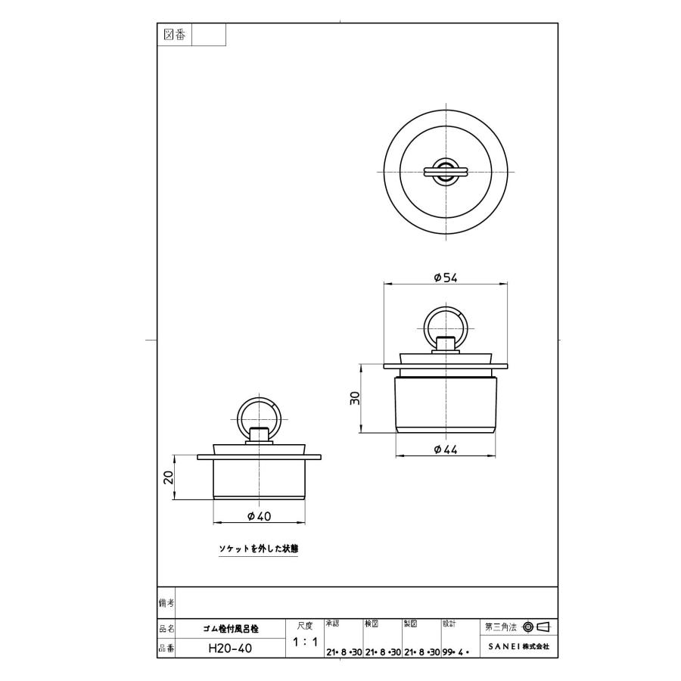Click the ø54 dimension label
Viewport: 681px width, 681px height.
coord(445,278)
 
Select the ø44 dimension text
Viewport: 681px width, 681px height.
coord(446,449)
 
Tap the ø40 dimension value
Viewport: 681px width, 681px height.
coord(259,516)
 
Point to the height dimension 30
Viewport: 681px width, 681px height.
coord(355,399)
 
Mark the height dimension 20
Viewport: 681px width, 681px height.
coord(169,477)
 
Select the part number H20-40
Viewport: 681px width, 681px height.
coord(230,648)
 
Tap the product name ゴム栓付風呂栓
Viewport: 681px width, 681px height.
coord(231,628)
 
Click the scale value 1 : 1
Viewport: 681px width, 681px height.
coord(304,642)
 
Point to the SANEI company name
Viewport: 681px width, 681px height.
coord(518,648)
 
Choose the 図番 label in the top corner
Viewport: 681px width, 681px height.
coord(175,35)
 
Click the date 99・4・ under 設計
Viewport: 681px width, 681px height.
coord(457,651)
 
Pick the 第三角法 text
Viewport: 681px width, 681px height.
coord(500,627)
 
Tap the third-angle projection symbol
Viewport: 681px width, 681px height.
coord(536,627)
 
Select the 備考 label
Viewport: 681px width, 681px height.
coord(166,602)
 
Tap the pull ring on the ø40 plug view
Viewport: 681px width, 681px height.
coord(258,415)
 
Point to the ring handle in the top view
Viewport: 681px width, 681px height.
coord(446,171)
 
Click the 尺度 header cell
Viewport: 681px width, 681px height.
coord(304,625)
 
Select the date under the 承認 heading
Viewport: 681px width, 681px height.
coord(343,651)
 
